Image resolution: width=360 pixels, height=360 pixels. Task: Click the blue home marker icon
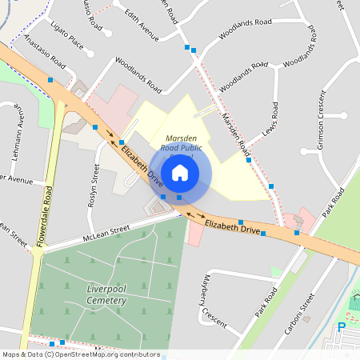click(x=180, y=172)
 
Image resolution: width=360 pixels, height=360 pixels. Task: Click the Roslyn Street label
click(x=94, y=185)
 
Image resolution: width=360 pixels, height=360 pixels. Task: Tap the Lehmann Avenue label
click(x=22, y=133)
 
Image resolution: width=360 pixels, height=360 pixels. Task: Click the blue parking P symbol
click(x=342, y=326)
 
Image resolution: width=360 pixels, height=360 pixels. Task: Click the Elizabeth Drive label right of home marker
click(x=232, y=228)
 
